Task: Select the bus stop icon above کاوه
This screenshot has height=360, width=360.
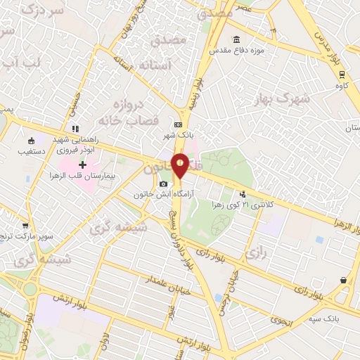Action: pos(342,75)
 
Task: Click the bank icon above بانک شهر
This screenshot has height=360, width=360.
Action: pos(177,124)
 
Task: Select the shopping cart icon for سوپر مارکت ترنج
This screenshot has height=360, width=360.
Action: pos(25,226)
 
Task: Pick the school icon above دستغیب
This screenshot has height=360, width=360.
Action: pos(30,139)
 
